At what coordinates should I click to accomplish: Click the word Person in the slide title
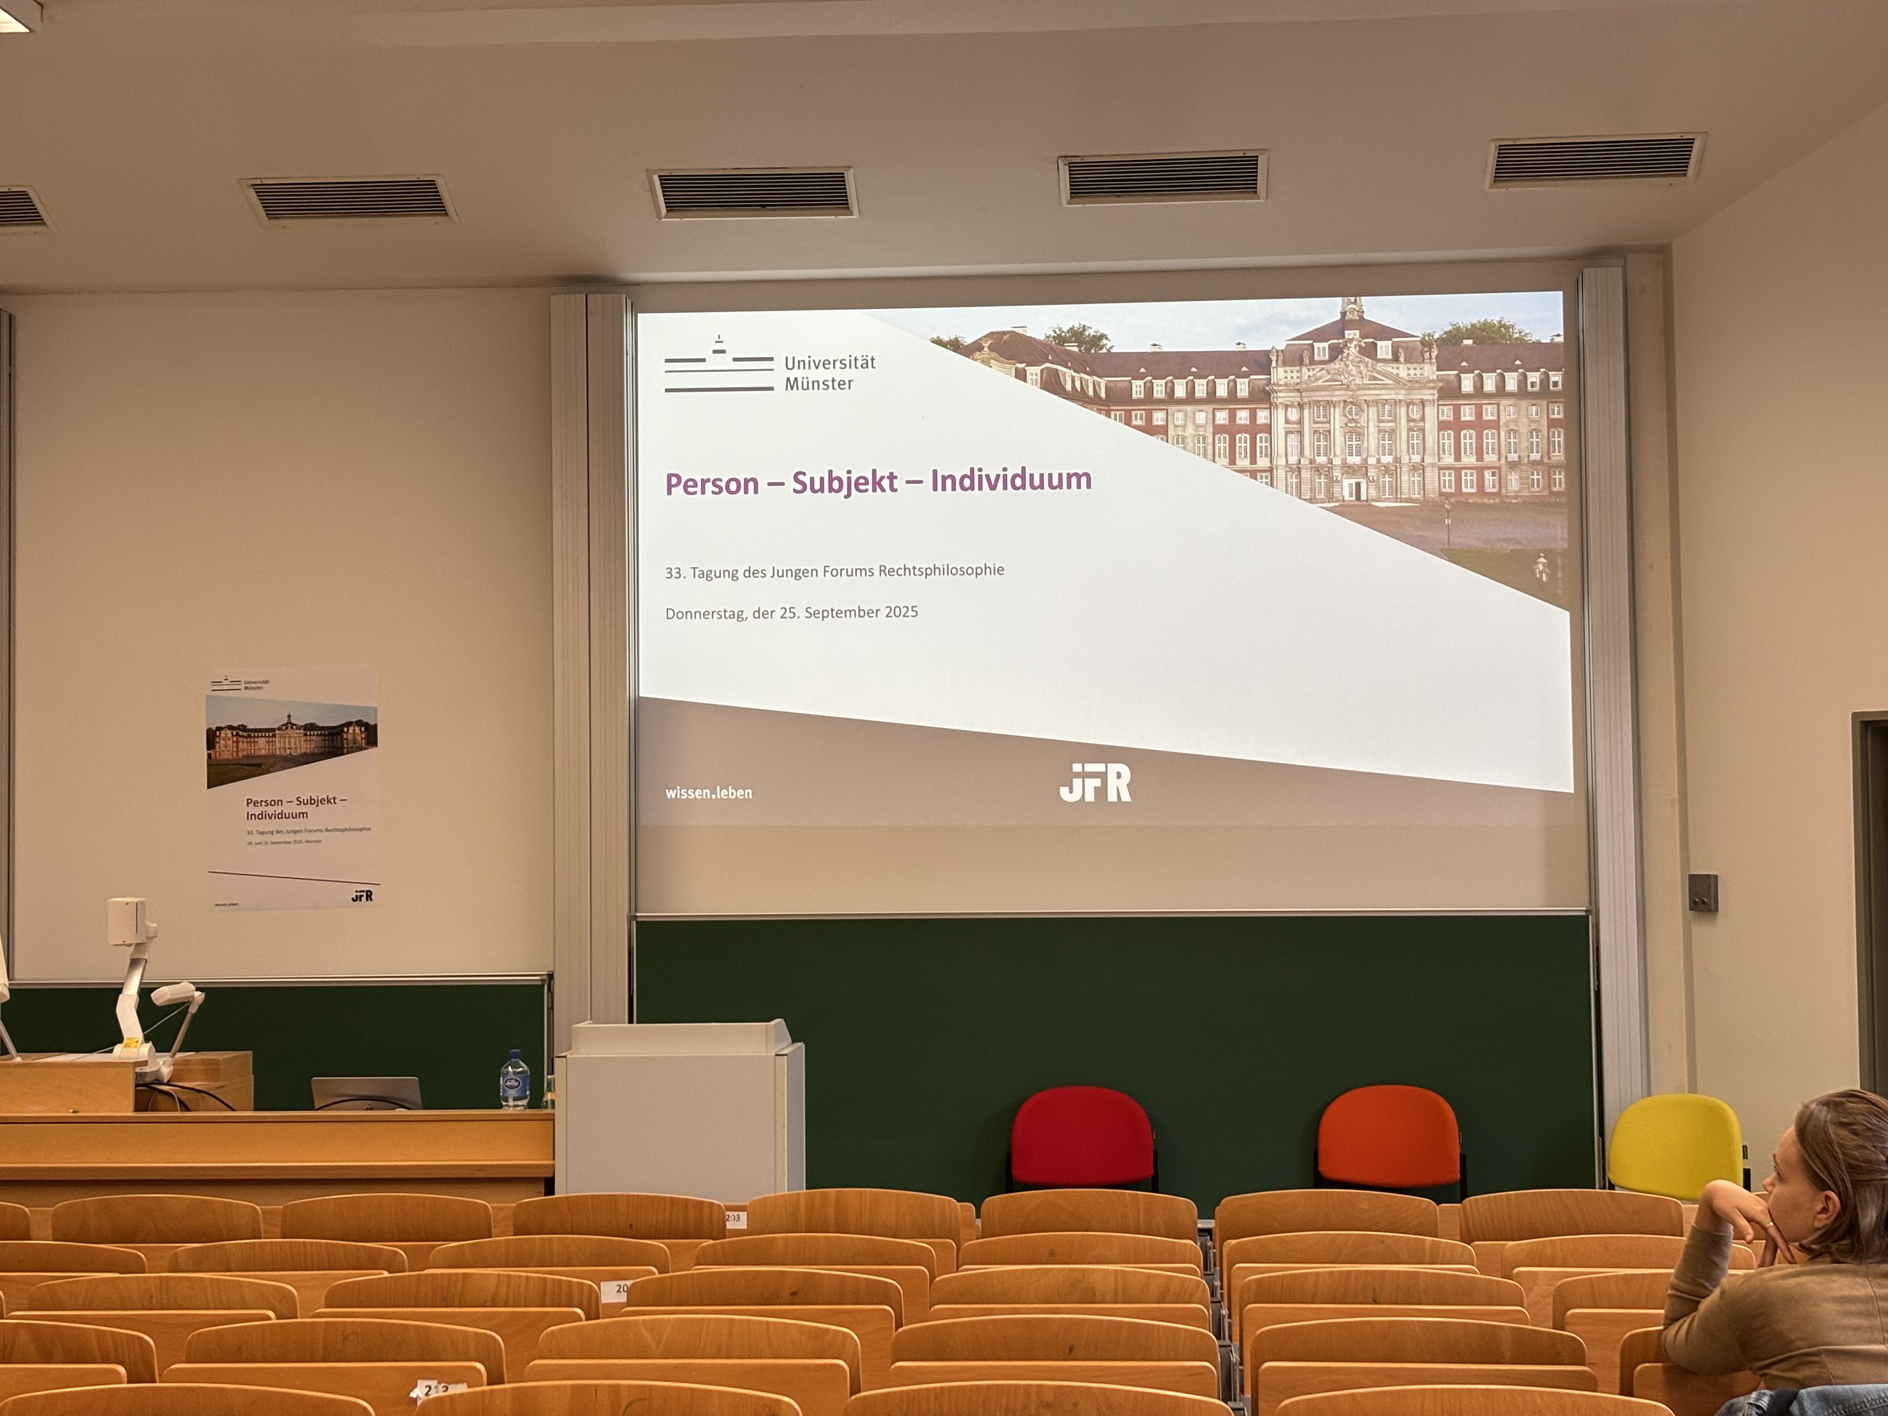point(712,484)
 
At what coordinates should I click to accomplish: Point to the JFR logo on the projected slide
point(1095,783)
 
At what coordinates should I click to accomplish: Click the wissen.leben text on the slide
point(708,793)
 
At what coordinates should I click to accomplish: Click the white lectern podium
point(680,1110)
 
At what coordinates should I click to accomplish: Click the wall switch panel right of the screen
point(1702,892)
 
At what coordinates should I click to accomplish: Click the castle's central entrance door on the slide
point(1353,489)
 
